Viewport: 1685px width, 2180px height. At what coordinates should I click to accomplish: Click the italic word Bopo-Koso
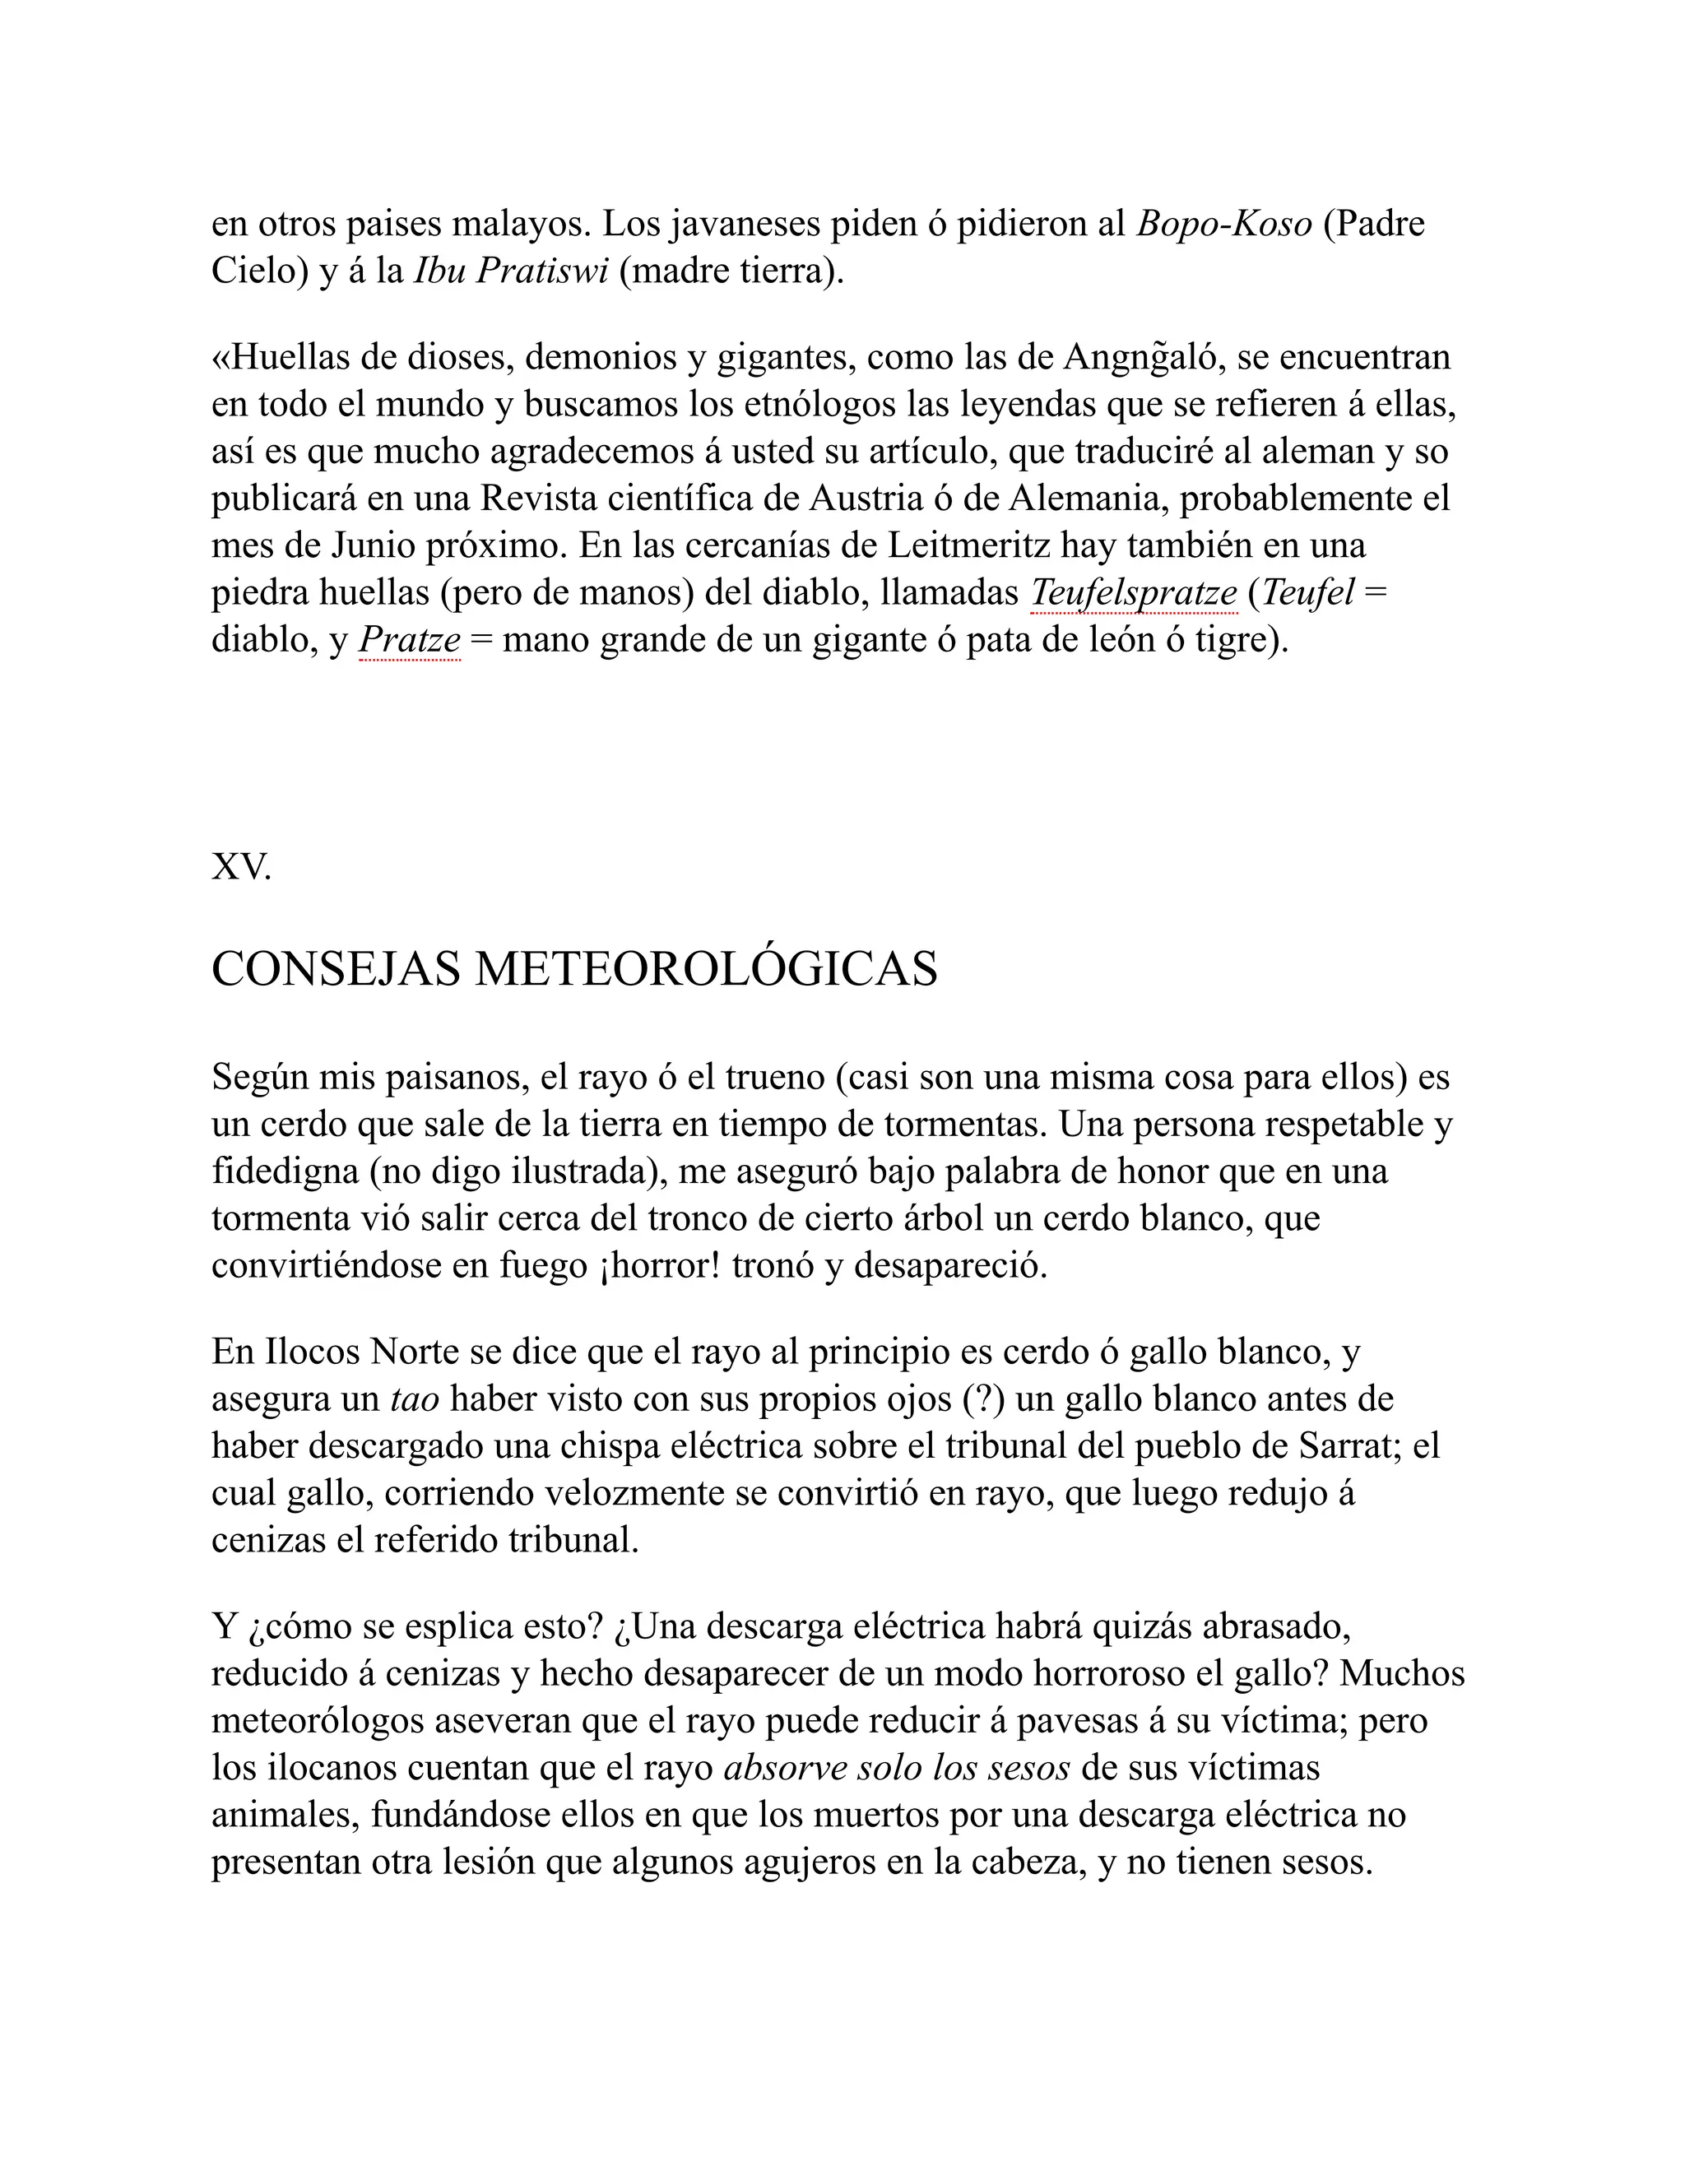tap(1223, 224)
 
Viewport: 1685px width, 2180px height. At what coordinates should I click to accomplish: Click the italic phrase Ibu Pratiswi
tap(511, 271)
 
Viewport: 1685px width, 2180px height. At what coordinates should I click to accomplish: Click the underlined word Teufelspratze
tap(1133, 593)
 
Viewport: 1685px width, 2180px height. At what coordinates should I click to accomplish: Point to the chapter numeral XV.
tap(240, 866)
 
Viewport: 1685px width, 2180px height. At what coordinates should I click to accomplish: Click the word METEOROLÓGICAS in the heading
tap(706, 968)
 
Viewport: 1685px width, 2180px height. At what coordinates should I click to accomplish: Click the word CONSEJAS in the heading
tap(337, 968)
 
